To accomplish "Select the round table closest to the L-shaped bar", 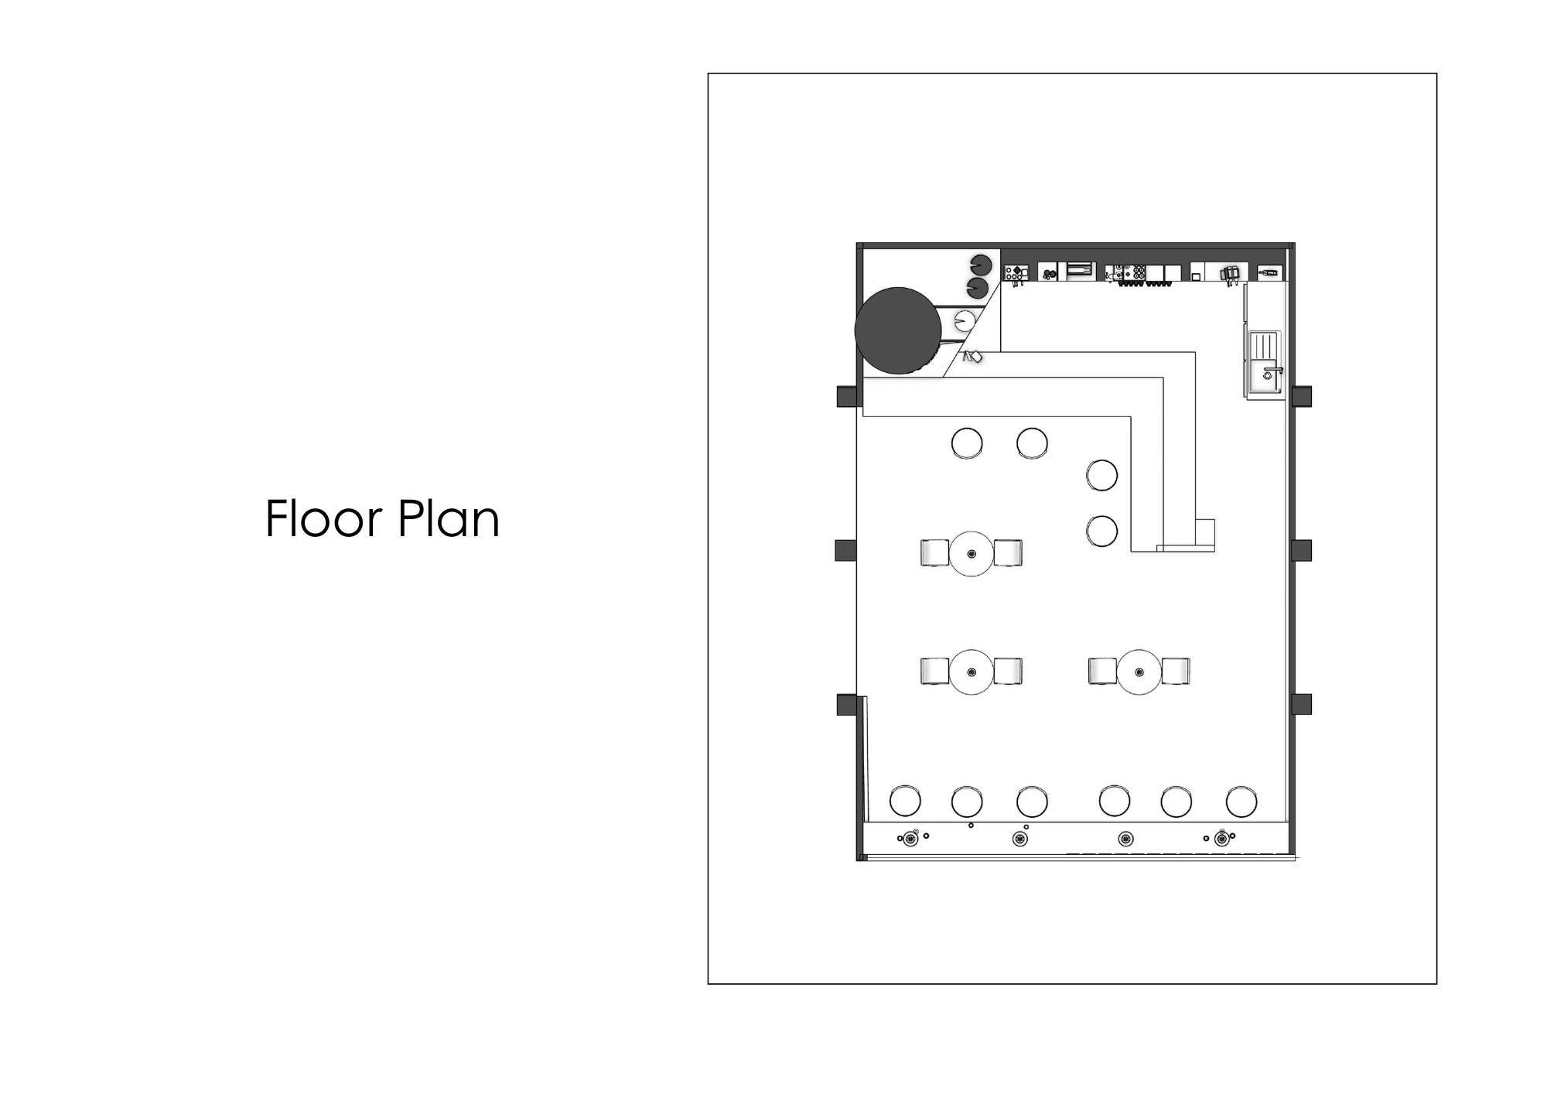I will pos(972,554).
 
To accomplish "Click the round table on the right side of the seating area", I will pos(1139,672).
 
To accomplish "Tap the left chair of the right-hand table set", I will pos(1102,672).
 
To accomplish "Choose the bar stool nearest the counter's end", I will pos(1101,532).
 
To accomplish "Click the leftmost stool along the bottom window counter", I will pos(905,802).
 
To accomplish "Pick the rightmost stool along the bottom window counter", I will pos(1241,802).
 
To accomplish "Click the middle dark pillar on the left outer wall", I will pos(845,551).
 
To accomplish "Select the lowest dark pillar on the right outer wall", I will pos(1302,704).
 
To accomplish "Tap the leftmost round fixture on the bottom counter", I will pos(911,839).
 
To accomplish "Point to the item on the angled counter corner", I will pos(972,357).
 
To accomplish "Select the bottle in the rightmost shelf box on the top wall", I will pos(1269,272).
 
